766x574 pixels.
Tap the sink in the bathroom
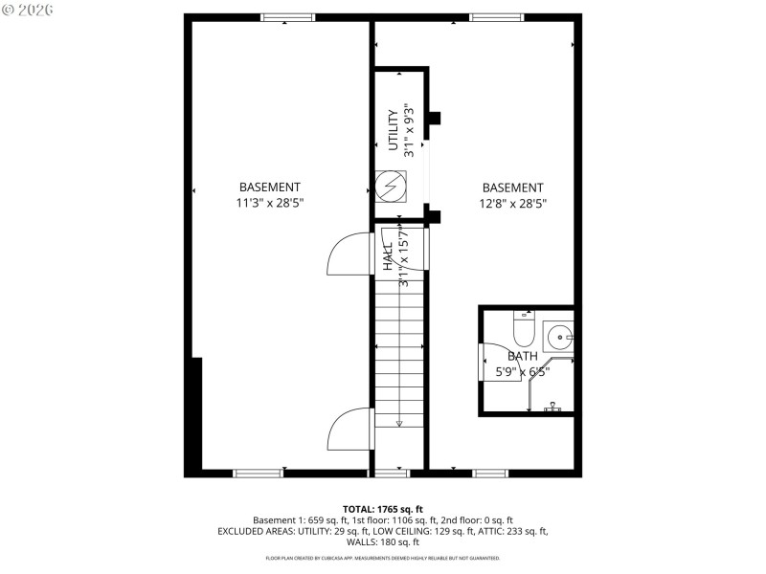click(558, 337)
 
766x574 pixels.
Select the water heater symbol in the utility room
click(392, 187)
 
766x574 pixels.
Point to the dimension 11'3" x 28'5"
click(270, 203)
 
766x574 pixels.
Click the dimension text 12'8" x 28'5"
click(512, 203)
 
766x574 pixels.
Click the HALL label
click(388, 258)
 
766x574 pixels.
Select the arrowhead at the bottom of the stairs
click(399, 423)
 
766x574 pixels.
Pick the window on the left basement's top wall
click(288, 17)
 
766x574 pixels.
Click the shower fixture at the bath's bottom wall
click(552, 407)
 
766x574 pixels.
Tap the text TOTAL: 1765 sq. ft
click(383, 509)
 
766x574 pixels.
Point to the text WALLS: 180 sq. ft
click(383, 542)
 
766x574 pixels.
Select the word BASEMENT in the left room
click(270, 188)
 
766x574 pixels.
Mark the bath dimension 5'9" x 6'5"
click(523, 372)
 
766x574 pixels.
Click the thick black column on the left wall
click(196, 411)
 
